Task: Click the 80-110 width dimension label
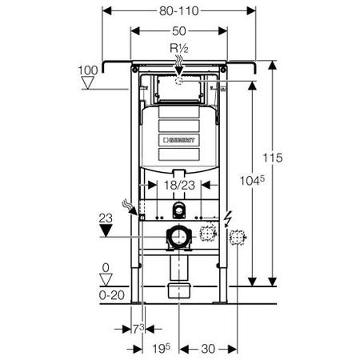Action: point(179,11)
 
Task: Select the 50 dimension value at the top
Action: point(179,31)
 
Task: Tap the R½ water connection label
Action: point(179,49)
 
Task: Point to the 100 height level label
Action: point(88,70)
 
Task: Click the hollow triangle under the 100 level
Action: point(88,82)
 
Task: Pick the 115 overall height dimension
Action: point(273,158)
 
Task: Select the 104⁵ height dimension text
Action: point(252,180)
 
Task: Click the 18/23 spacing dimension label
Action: point(179,185)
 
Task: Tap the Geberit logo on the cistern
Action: point(179,140)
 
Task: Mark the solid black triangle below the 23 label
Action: point(106,230)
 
